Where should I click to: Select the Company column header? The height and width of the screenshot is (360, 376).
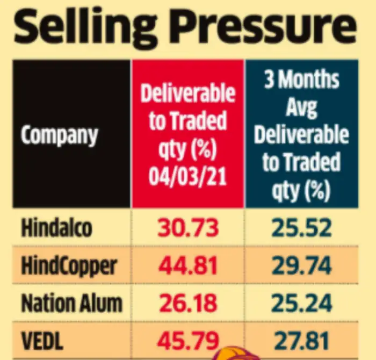pyautogui.click(x=60, y=135)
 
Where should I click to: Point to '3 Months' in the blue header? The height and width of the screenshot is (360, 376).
pyautogui.click(x=301, y=79)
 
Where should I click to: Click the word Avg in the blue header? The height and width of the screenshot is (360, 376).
pyautogui.click(x=301, y=106)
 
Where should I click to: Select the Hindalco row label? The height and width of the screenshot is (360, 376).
pyautogui.click(x=57, y=228)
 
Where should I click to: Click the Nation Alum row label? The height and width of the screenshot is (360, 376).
pyautogui.click(x=72, y=304)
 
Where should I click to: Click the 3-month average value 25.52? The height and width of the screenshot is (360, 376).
pyautogui.click(x=301, y=228)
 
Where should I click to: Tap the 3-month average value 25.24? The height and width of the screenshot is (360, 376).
pyautogui.click(x=301, y=304)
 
